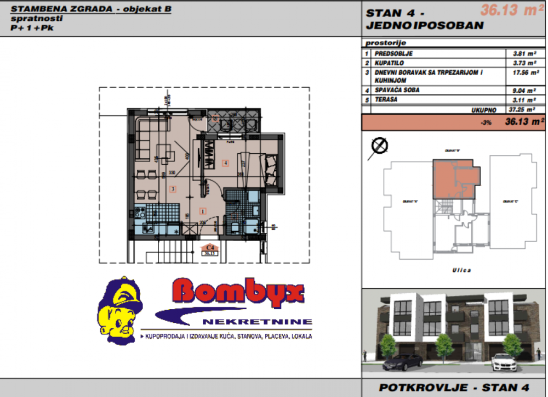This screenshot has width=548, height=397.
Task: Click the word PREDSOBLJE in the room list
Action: [393, 54]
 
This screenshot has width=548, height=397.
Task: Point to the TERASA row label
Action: [386, 99]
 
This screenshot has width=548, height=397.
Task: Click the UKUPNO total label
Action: [483, 110]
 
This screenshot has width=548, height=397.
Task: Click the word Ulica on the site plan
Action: [454, 270]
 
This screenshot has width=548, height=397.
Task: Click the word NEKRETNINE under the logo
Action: [256, 321]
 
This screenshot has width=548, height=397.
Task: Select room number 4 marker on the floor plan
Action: [225, 163]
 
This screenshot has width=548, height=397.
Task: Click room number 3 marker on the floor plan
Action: [173, 189]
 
